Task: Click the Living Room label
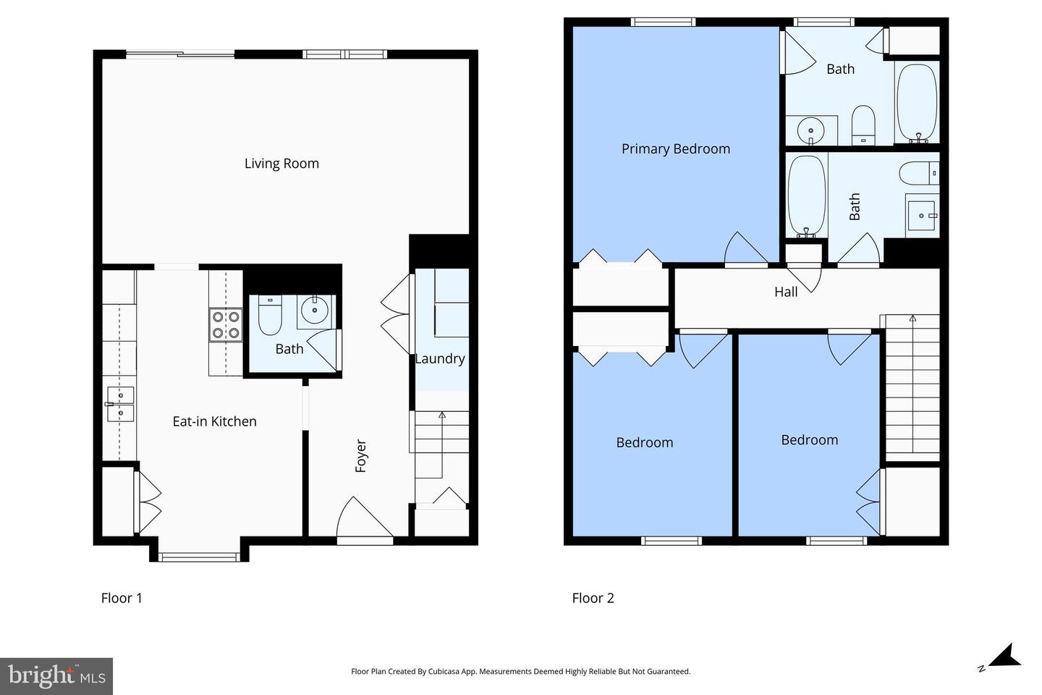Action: [281, 164]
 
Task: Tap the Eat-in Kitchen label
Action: [214, 421]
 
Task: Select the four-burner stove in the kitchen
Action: [225, 324]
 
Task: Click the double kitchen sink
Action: [120, 404]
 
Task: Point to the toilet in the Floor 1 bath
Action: [270, 316]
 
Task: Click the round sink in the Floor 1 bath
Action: [315, 310]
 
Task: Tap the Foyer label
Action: [360, 456]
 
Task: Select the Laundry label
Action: [440, 358]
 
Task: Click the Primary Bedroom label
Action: [676, 149]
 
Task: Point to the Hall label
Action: [786, 292]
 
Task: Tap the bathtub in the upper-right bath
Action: [917, 102]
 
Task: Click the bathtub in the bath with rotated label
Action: [807, 195]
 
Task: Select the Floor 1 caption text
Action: [122, 598]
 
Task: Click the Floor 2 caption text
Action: [593, 598]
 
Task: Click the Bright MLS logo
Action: [56, 676]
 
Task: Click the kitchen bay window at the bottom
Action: [199, 557]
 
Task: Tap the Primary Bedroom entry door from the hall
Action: [745, 250]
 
